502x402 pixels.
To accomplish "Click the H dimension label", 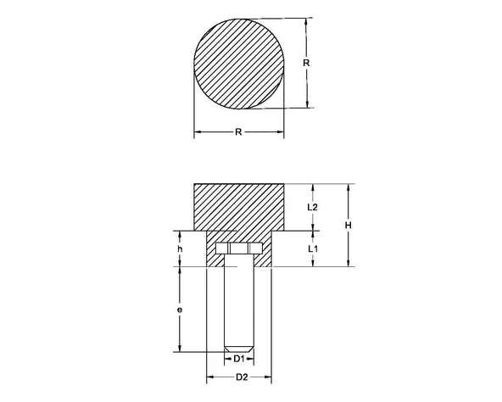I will point(349,225).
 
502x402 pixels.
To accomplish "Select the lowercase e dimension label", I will point(180,310).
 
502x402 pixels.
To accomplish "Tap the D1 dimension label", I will point(240,360).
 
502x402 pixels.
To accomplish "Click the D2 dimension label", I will point(240,376).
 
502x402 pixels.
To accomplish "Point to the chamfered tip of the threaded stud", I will point(240,348).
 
